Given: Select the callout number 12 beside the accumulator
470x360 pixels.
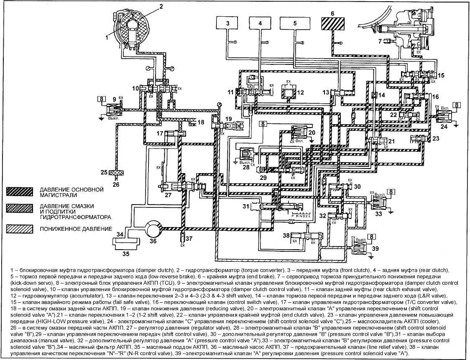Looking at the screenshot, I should tap(300, 92).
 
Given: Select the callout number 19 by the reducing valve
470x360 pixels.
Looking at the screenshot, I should tap(228, 120).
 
